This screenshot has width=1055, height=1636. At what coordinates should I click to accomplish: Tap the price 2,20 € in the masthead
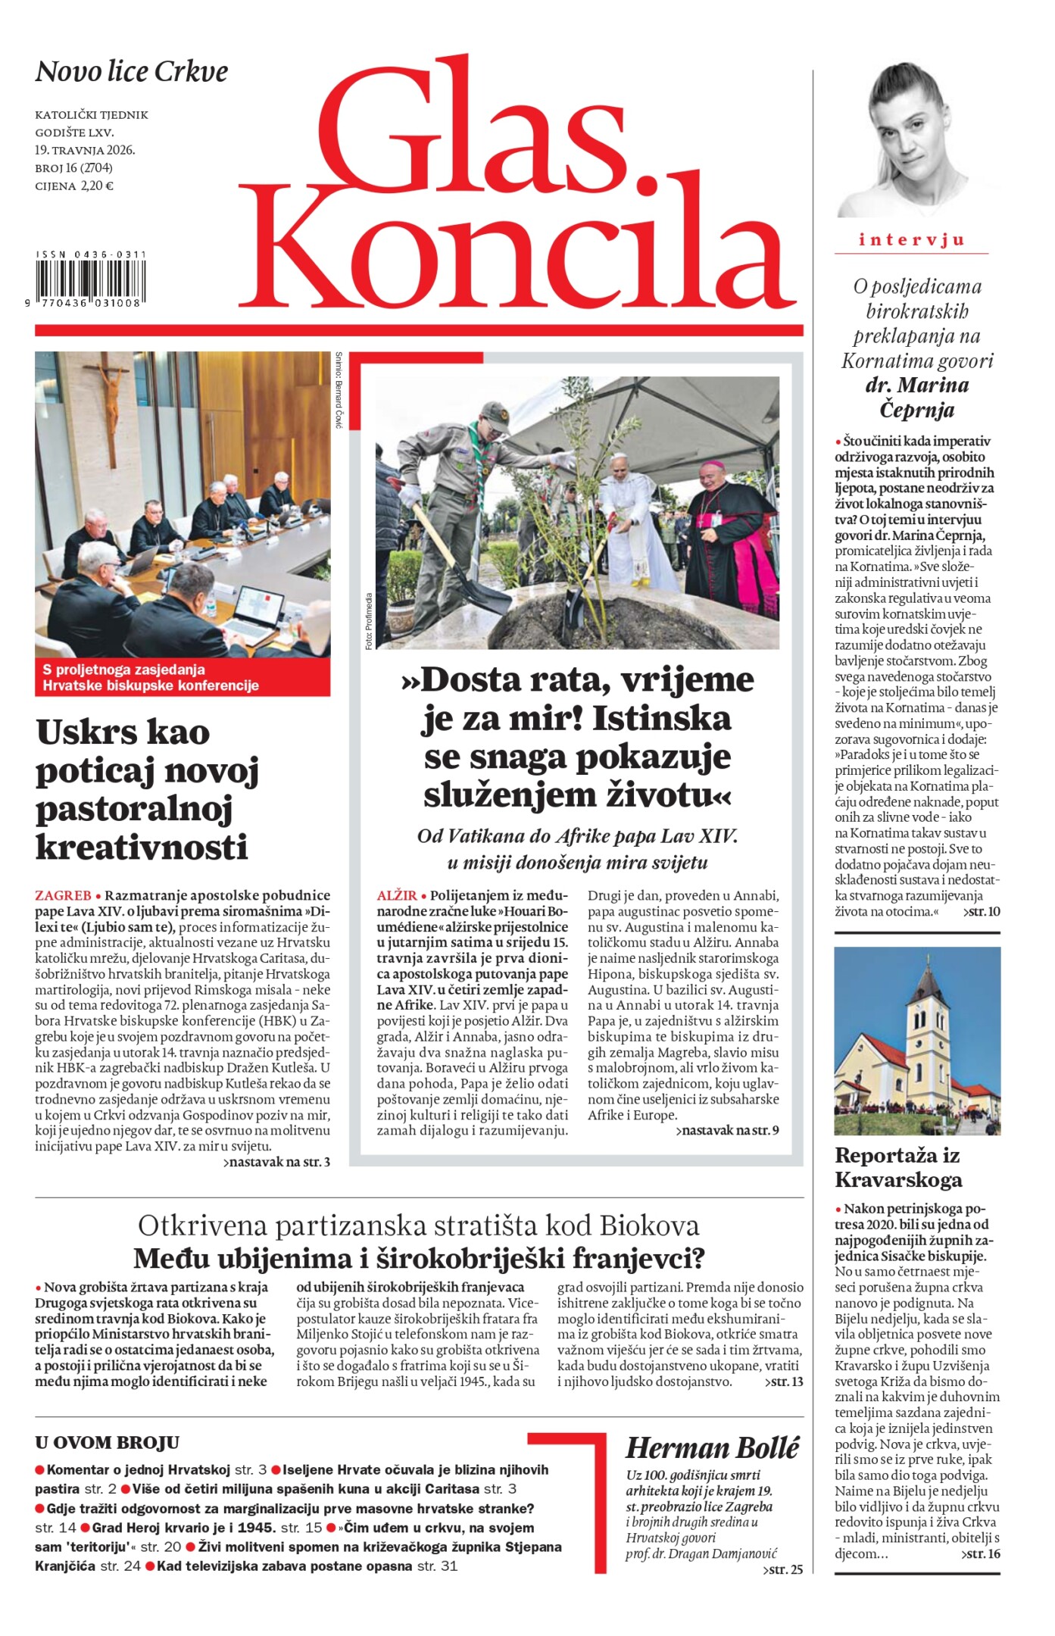coord(95,186)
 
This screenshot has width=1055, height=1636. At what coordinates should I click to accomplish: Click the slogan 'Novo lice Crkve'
coord(132,72)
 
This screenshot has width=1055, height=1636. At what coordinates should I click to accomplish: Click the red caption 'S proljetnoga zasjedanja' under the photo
coord(123,670)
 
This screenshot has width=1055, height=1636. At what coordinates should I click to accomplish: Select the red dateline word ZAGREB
coord(63,895)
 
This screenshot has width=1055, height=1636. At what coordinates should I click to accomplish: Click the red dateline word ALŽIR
coord(397,895)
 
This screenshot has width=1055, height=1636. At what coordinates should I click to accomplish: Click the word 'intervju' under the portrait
coord(911,240)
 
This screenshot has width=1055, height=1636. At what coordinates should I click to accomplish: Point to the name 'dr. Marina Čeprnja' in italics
coord(916,398)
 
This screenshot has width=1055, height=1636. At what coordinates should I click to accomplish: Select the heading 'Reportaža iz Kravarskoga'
coord(898,1167)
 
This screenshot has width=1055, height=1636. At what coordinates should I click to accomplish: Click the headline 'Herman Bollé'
coord(712,1447)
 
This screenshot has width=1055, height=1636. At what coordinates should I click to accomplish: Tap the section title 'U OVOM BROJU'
coord(108,1442)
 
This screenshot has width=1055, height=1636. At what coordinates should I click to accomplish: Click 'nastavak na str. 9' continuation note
coord(727,1131)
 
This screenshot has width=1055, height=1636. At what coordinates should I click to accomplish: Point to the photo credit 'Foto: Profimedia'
coord(369,621)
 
